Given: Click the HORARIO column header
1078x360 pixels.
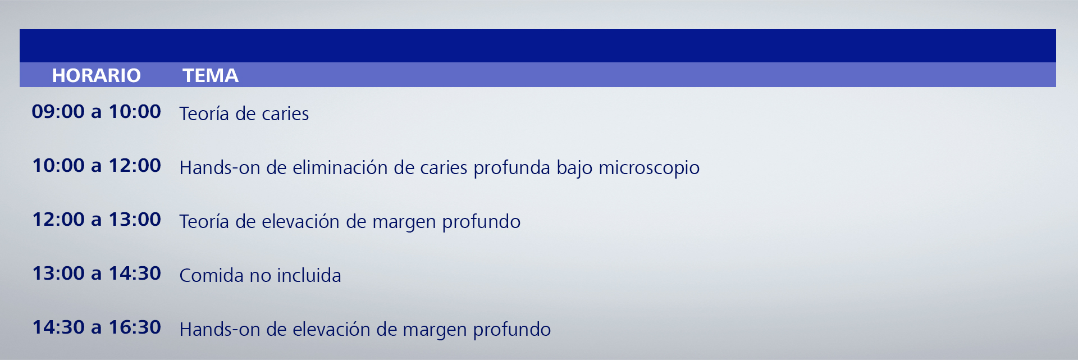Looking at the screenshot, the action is (x=96, y=75).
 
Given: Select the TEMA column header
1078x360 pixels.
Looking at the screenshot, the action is (x=211, y=75).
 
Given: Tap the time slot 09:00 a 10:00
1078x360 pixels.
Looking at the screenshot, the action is (x=96, y=111).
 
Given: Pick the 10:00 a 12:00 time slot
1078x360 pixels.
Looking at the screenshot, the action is (x=96, y=165).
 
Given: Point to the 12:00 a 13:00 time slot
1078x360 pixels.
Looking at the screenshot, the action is (x=96, y=219).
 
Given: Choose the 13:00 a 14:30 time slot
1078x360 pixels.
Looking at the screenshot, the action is (x=96, y=273).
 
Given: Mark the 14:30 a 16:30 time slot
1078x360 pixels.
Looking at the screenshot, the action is (x=96, y=327).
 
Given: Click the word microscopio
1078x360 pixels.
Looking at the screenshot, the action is (x=649, y=168).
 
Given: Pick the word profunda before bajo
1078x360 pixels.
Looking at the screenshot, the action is (x=511, y=168).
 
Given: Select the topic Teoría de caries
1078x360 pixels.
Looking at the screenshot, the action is (x=244, y=113).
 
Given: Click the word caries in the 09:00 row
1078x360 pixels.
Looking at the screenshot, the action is (x=285, y=114).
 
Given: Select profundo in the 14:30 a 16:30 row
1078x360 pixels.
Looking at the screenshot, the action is (x=511, y=330).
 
